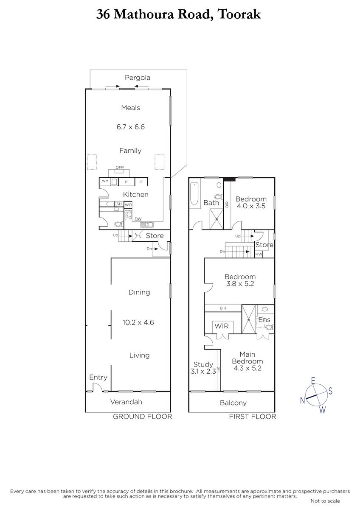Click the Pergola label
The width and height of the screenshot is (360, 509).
click(138, 78)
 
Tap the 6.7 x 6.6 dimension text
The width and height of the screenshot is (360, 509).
click(130, 127)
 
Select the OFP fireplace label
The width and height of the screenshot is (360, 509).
click(120, 167)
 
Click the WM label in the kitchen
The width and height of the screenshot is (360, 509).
click(105, 181)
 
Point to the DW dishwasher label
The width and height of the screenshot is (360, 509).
click(138, 219)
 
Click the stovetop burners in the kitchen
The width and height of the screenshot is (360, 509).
click(128, 215)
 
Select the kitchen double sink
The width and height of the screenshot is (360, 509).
click(147, 225)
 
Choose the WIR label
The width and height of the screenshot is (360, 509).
click(222, 326)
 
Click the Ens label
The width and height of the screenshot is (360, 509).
click(264, 320)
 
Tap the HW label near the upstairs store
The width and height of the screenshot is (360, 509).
click(259, 254)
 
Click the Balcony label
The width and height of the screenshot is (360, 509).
click(233, 403)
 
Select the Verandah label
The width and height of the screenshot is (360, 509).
click(126, 402)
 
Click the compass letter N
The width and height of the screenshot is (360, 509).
click(302, 400)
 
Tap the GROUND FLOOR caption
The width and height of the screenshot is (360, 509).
click(143, 417)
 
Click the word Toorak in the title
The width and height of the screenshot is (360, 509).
click(239, 14)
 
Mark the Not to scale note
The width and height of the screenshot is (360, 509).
click(325, 501)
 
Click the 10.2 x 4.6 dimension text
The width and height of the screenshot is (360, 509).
click(138, 322)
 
